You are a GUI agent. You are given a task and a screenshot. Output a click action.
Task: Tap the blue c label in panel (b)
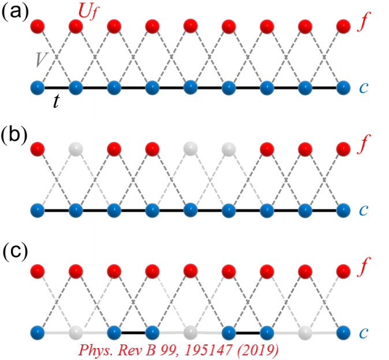coord(362,210)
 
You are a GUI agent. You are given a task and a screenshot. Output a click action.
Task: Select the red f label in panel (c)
coord(363,271)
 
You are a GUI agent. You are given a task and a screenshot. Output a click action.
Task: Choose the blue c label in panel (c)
coord(362,333)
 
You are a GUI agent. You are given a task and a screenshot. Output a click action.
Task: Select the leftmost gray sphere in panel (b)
coord(76,149)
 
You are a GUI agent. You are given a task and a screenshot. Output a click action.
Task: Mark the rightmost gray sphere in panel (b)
coord(229,149)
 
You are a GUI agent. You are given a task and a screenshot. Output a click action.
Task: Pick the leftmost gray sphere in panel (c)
coord(76,333)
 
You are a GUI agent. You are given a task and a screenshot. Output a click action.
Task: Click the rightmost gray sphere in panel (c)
coord(305,333)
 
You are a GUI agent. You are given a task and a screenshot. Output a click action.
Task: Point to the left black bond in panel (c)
coord(133,332)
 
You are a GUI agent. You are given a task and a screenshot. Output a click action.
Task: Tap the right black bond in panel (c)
coord(248,332)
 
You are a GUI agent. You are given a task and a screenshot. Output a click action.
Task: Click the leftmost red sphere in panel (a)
coord(38,27)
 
